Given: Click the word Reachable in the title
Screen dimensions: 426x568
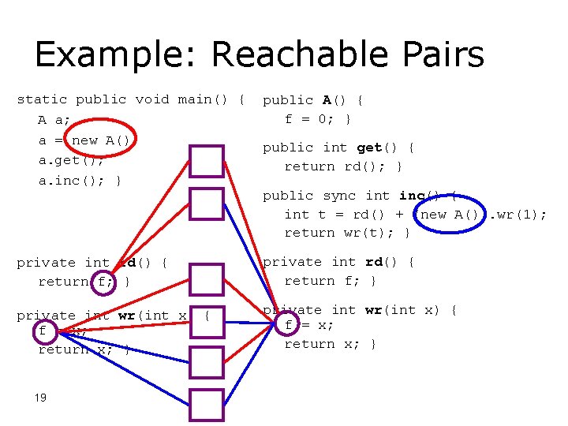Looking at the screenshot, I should coord(304,55).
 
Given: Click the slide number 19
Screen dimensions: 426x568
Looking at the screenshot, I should coord(41,398).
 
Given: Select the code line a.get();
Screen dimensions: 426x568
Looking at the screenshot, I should coord(71,160).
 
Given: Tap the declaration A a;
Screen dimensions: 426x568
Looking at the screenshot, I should coord(54,120).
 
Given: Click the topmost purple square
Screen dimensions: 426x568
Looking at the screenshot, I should coord(206,162).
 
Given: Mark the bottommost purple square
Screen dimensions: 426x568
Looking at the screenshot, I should coord(206,404).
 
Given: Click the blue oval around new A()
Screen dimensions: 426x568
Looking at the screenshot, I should coord(446,215).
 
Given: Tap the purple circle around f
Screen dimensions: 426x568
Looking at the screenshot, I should coord(103,281).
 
